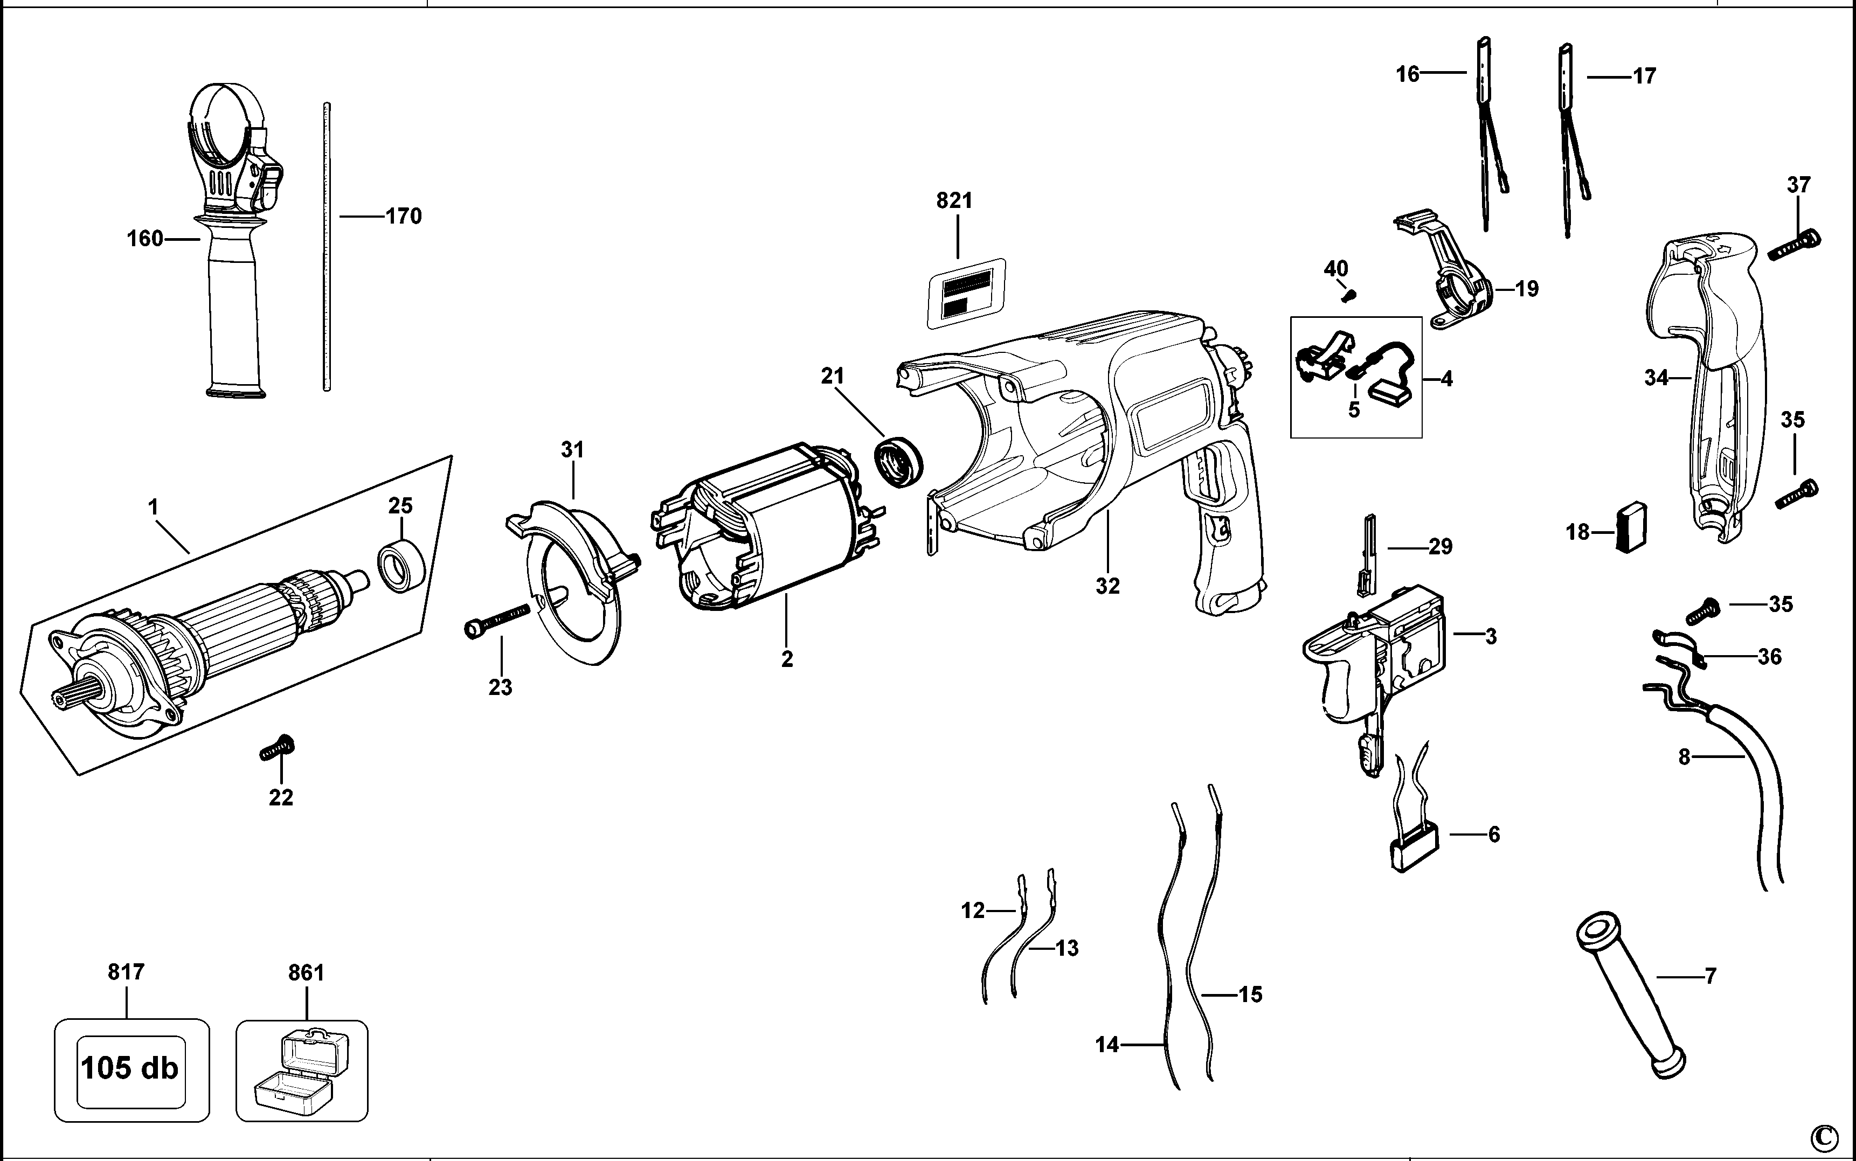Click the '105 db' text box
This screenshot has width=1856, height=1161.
click(x=130, y=1068)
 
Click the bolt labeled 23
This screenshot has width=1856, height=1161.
click(x=497, y=620)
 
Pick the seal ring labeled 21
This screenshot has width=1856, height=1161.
click(x=898, y=462)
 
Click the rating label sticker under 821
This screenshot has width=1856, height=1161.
click(x=967, y=293)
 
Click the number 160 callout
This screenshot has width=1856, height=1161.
click(x=145, y=239)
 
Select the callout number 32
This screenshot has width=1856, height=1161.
click(x=1107, y=586)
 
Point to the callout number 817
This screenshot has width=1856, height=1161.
click(x=126, y=972)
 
